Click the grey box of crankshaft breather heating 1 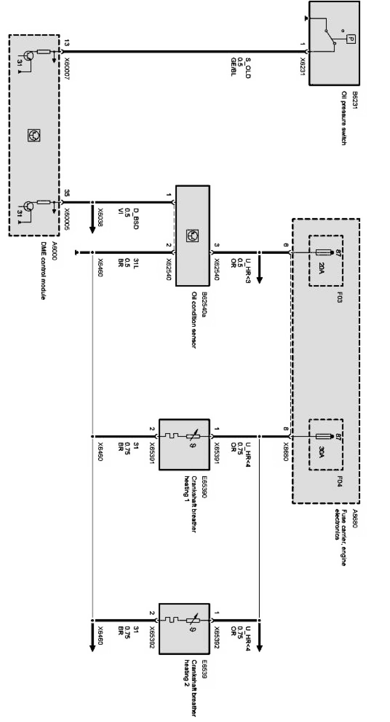click(184, 444)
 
